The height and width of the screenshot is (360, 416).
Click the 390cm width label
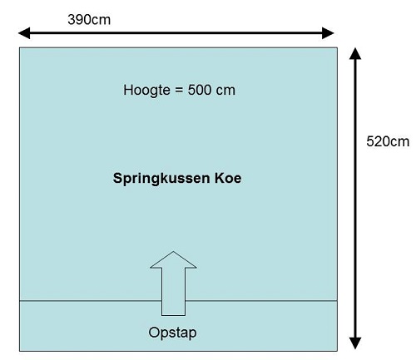click(89, 20)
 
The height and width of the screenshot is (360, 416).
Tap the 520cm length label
click(388, 141)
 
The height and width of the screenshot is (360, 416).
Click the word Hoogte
click(146, 91)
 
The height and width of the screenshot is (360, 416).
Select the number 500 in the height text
click(199, 90)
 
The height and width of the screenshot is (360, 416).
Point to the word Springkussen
click(161, 179)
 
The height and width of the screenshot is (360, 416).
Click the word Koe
click(228, 178)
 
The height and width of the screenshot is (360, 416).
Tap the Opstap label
click(172, 333)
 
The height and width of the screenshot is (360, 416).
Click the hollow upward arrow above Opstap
click(173, 284)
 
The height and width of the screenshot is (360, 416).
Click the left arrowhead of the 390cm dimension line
click(24, 33)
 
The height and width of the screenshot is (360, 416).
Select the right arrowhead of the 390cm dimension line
click(328, 33)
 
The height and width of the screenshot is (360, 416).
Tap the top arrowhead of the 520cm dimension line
click(355, 53)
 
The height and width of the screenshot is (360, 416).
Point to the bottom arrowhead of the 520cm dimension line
click(355, 343)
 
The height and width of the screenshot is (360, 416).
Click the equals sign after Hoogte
click(179, 90)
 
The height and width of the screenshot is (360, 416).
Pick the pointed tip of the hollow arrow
click(173, 251)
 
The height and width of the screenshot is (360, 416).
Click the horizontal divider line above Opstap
click(178, 300)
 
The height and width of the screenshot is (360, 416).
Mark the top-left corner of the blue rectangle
click(19, 47)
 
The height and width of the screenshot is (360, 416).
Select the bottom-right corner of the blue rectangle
click(337, 351)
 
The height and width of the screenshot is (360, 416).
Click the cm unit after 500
click(225, 91)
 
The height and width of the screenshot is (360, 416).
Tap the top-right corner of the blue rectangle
click(337, 47)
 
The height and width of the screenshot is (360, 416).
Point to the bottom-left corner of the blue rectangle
click(19, 351)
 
